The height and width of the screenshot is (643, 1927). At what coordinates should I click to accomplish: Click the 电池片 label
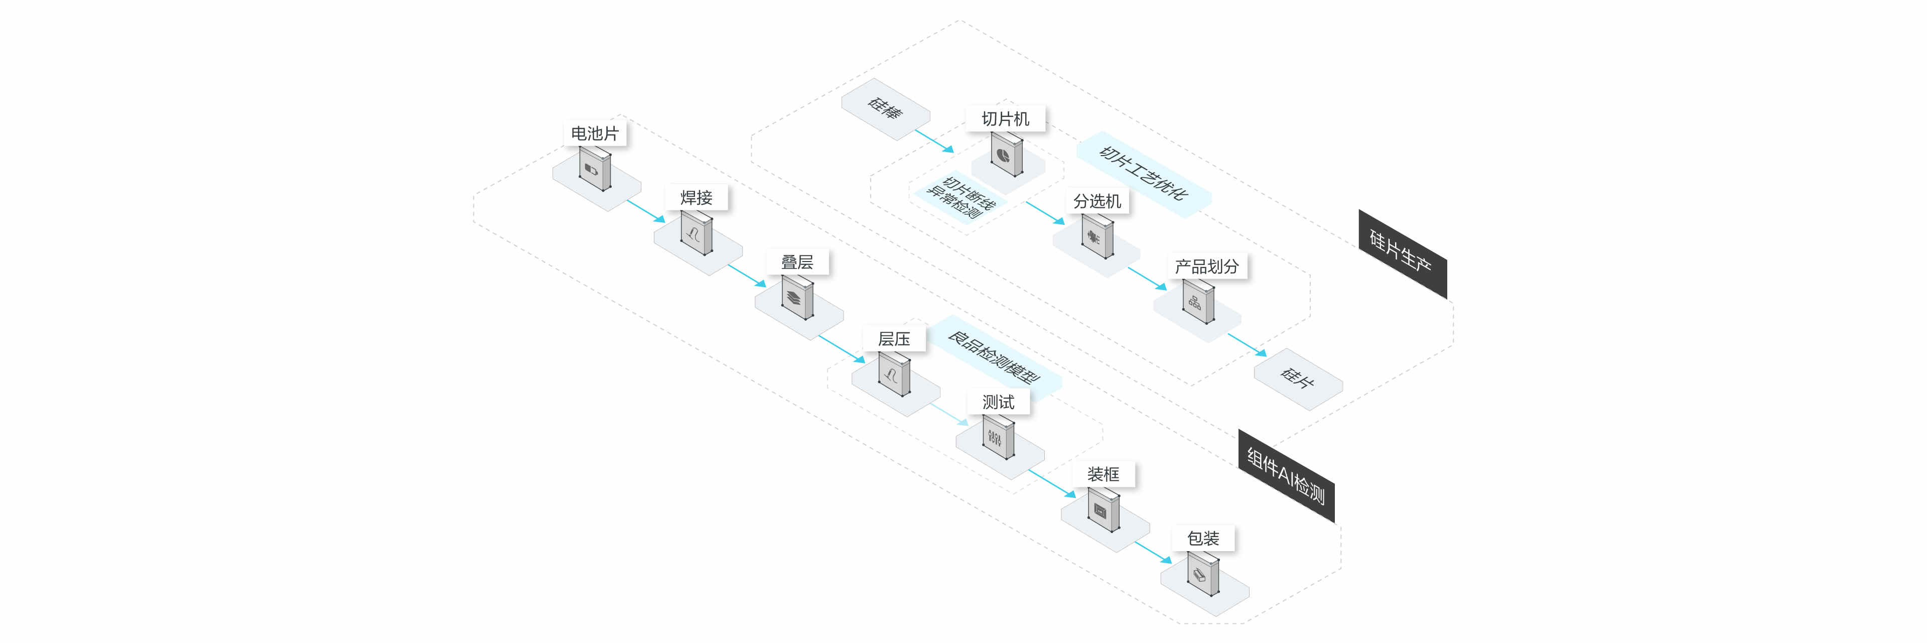tap(595, 133)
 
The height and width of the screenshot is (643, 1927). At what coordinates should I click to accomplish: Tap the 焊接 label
tap(696, 198)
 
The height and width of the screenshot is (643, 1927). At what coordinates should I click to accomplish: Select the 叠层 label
tap(797, 262)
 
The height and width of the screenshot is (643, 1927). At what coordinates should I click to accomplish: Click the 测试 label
tap(998, 402)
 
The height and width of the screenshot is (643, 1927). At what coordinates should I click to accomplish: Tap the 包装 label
tap(1203, 538)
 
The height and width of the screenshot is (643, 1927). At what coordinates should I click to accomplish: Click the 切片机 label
tap(1005, 119)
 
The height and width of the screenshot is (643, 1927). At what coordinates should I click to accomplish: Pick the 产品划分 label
tap(1206, 266)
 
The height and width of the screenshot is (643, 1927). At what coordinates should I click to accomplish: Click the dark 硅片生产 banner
tap(1403, 254)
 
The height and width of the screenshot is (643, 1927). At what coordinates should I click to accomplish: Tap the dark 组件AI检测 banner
tap(1286, 475)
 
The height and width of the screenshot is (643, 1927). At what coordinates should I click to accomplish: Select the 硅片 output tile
tap(1298, 379)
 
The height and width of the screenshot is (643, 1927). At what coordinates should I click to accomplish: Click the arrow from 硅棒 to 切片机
tap(934, 141)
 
